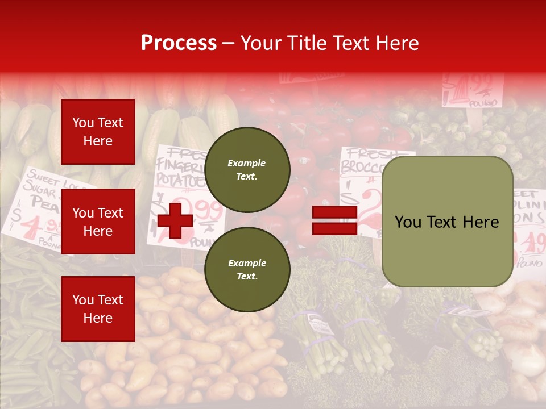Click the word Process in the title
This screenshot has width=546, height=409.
pos(179,43)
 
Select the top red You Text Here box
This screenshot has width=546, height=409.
pos(98,132)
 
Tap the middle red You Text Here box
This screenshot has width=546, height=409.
pos(98,222)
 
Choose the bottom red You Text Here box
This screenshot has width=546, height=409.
pos(98,309)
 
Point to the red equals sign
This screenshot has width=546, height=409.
pos(334,220)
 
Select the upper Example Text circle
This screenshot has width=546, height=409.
pos(247,169)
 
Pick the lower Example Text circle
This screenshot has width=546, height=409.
pos(247,269)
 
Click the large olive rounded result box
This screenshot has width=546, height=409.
pos(447,222)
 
